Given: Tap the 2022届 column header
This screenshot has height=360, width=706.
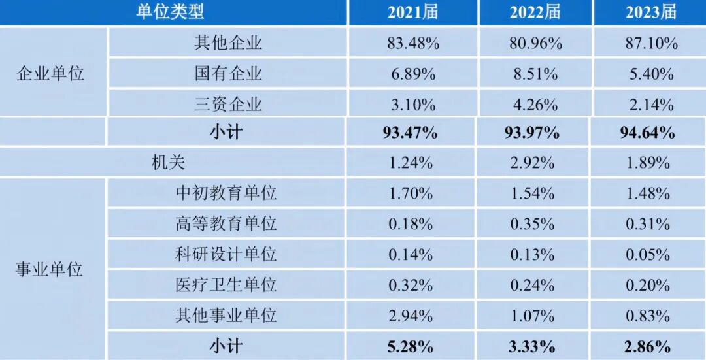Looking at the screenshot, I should coord(535,12).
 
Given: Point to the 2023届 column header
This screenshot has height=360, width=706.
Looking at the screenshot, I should coord(648,12).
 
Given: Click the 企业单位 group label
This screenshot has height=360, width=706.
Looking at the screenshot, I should coord(50,73).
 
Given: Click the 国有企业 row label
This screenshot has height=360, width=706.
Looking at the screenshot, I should coord(228,73).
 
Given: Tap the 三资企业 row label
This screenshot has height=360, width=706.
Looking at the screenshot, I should coord(228,103).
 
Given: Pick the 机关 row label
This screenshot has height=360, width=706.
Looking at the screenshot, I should coord(169,163).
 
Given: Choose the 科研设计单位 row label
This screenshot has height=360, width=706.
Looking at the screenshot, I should coord(226,254).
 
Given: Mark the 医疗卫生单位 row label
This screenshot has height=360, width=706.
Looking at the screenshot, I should coord(226,285).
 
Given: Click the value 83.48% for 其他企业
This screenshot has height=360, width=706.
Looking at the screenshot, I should coord(412,43).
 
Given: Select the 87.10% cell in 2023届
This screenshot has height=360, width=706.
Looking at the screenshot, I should coord(650,43).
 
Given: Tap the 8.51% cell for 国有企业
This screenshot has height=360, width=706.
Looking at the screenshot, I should coord(535,73).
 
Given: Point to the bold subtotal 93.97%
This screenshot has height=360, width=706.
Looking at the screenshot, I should coord(535,133).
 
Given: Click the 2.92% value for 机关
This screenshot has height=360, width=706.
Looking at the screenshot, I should coord(535,163).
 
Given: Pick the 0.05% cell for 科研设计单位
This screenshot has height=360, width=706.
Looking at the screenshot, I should coord(650,254).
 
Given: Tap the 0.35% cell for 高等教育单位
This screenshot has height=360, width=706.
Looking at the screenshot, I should coord(535,223).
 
